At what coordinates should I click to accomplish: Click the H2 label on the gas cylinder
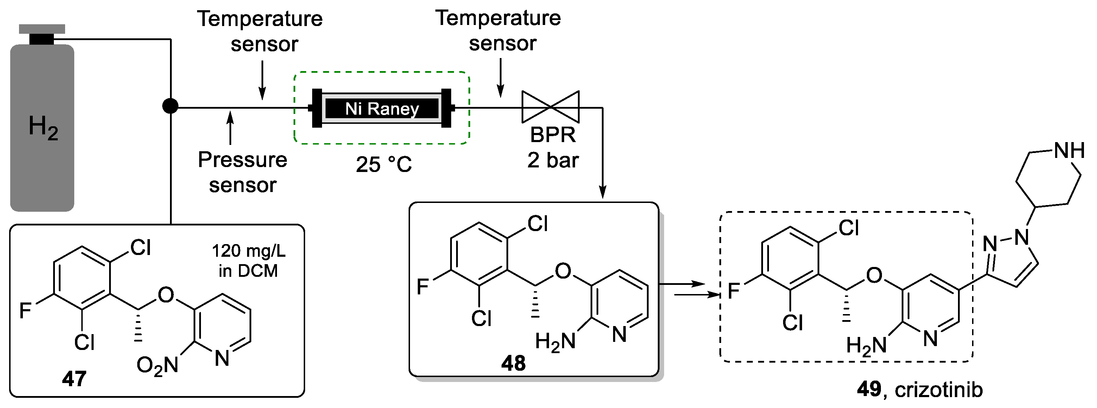[x=43, y=127]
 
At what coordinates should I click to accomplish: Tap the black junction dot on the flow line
[x=170, y=106]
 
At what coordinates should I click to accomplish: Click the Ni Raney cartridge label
[x=382, y=109]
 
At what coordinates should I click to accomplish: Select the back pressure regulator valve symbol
[x=551, y=107]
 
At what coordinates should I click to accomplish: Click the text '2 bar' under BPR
[x=553, y=160]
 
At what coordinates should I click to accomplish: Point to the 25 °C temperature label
[x=383, y=164]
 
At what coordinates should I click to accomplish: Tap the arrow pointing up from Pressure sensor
[x=231, y=127]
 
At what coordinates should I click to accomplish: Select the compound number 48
[x=513, y=363]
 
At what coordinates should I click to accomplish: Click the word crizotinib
[x=939, y=390]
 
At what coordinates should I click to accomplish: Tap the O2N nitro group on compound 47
[x=157, y=366]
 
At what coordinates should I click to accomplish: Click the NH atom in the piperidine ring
[x=1069, y=151]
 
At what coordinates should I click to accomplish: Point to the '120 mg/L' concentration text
[x=249, y=251]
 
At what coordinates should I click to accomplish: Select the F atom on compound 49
[x=733, y=291]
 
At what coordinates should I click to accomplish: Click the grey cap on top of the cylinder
[x=42, y=29]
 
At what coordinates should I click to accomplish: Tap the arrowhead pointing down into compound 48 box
[x=603, y=192]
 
